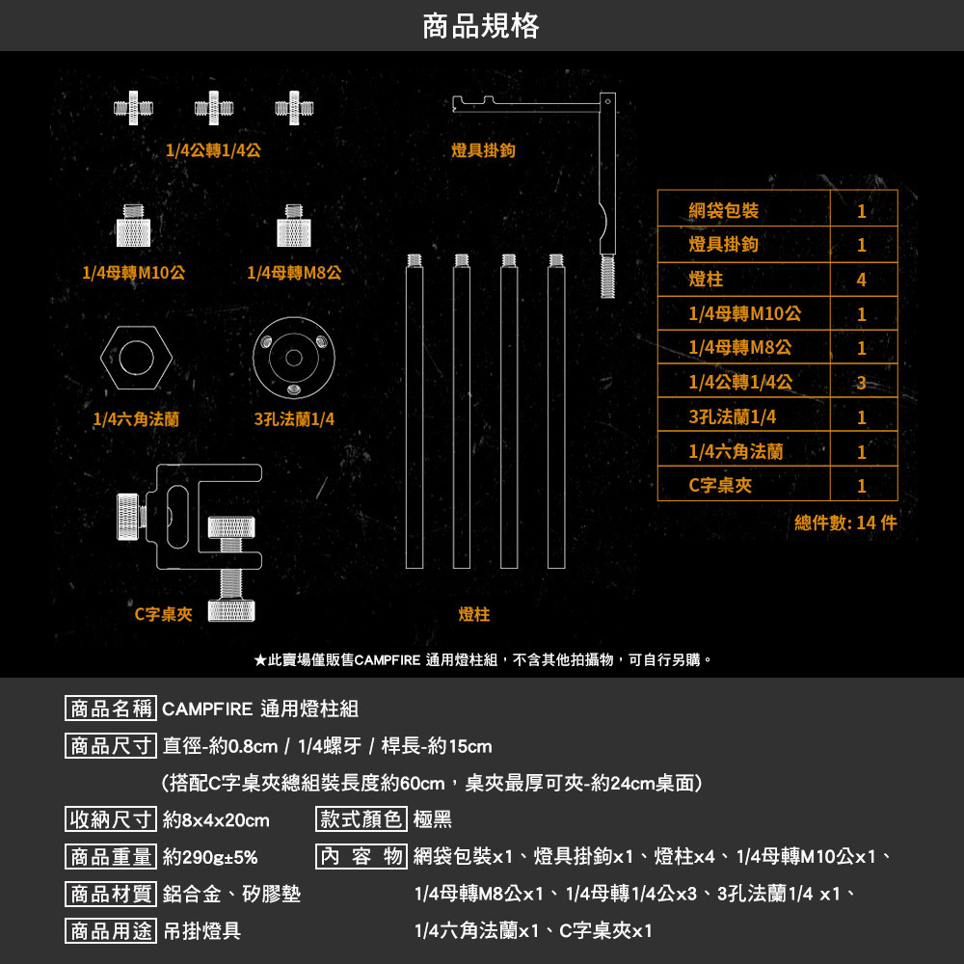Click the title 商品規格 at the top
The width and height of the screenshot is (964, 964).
tap(481, 26)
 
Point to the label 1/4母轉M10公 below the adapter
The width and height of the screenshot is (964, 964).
tap(134, 273)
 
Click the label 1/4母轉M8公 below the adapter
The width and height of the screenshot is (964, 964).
tap(294, 273)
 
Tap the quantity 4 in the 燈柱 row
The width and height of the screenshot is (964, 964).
tap(861, 280)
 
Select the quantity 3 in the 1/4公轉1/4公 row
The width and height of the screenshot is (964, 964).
tap(861, 383)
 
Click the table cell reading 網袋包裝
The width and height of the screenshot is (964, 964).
tap(723, 211)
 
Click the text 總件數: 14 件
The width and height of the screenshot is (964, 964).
tap(845, 522)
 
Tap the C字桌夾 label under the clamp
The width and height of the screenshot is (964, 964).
tap(163, 613)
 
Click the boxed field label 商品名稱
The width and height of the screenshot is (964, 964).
tap(110, 710)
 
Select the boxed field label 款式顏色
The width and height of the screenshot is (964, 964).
tap(361, 820)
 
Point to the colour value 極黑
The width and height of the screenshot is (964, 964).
tap(432, 820)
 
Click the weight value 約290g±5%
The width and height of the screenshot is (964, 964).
tap(210, 857)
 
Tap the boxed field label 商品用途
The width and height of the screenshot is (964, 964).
tap(110, 930)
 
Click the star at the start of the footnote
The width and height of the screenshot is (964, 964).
tap(260, 660)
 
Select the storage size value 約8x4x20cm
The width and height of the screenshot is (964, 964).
tap(216, 820)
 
